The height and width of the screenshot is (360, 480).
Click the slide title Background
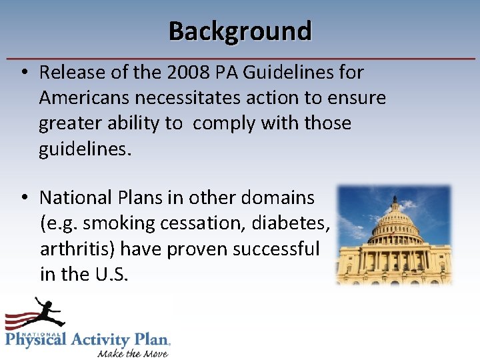[240, 31]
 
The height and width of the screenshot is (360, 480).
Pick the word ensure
[356, 98]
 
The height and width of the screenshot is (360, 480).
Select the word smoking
[111, 223]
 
